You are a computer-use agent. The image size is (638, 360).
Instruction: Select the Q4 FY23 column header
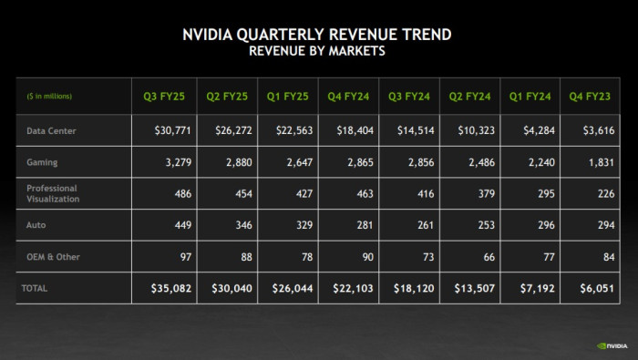click(592, 96)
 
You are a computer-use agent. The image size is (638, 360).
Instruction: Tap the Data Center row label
click(51, 130)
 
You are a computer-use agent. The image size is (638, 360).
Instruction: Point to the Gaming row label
click(42, 161)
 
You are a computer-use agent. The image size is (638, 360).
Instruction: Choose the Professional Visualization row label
click(53, 192)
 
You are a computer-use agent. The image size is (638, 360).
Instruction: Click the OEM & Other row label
click(53, 256)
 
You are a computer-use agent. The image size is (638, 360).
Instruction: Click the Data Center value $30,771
click(169, 130)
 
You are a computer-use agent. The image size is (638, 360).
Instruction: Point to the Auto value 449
click(182, 224)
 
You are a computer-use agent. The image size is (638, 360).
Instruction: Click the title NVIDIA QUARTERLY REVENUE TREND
click(317, 35)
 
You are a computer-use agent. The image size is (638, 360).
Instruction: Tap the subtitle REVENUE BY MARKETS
click(317, 51)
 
